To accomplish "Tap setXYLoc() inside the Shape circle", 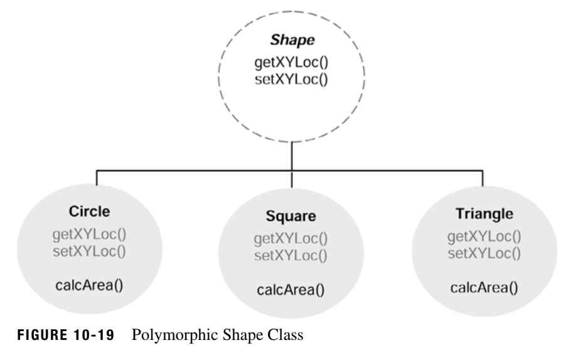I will [x=288, y=79].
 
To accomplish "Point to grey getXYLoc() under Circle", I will [x=96, y=238].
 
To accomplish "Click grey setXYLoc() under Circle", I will [x=96, y=252].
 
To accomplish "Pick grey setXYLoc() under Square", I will [x=291, y=255].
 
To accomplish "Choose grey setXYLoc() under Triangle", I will [x=483, y=253].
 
